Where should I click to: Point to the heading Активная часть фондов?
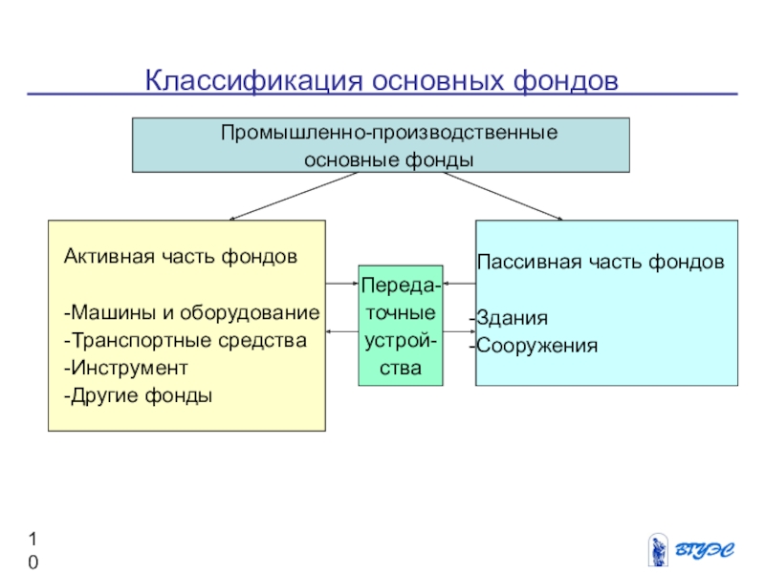point(180,257)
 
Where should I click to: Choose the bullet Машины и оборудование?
point(191,313)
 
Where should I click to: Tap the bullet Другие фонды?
point(139,394)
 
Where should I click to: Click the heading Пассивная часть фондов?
point(601,262)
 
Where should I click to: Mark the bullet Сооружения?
point(535,346)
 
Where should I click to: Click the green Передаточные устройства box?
point(400,326)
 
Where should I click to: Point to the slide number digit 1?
point(33,537)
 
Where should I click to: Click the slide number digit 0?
point(33,562)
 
